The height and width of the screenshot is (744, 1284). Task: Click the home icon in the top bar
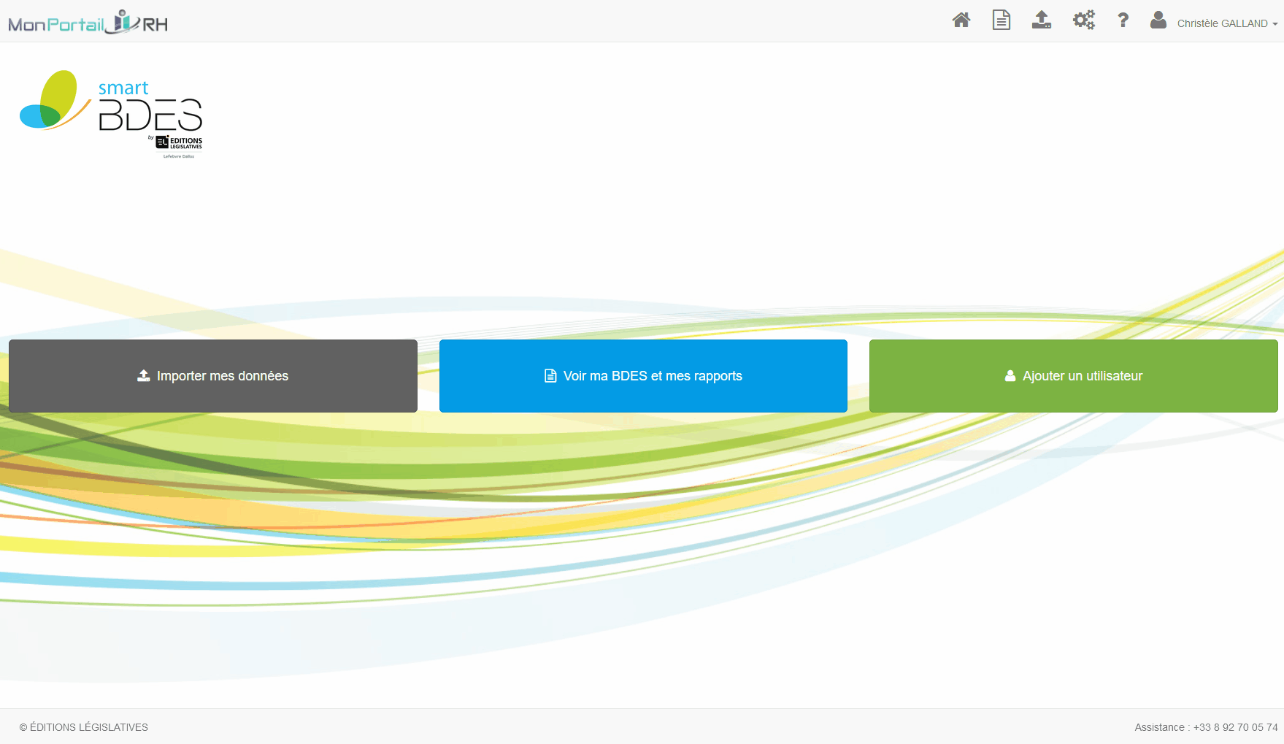[961, 20]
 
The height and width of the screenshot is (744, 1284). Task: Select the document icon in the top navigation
[1002, 20]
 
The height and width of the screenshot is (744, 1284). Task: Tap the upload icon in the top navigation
[1042, 20]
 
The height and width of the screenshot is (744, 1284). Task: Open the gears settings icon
[1084, 20]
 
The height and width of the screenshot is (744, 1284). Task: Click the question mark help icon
[1123, 20]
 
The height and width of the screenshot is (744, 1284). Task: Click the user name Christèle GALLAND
[1223, 23]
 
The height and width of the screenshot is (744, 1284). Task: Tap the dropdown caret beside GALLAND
[1275, 24]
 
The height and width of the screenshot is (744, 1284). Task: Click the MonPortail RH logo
[88, 23]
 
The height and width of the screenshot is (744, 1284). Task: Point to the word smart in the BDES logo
[123, 88]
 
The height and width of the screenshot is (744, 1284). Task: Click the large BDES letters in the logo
[150, 115]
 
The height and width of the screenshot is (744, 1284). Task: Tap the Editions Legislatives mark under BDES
[179, 142]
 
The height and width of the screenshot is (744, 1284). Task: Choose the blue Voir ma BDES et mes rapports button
[643, 376]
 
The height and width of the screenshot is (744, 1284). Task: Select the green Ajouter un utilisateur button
[1073, 376]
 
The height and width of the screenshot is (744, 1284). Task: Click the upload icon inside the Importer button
[144, 376]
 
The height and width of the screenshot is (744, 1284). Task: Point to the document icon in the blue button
[550, 376]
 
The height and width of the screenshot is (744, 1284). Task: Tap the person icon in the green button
[1010, 376]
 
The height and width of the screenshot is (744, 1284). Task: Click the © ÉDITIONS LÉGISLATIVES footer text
[84, 727]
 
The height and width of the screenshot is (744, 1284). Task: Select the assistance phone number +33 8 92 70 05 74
[1236, 727]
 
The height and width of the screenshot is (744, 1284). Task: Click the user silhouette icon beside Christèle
[1158, 20]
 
